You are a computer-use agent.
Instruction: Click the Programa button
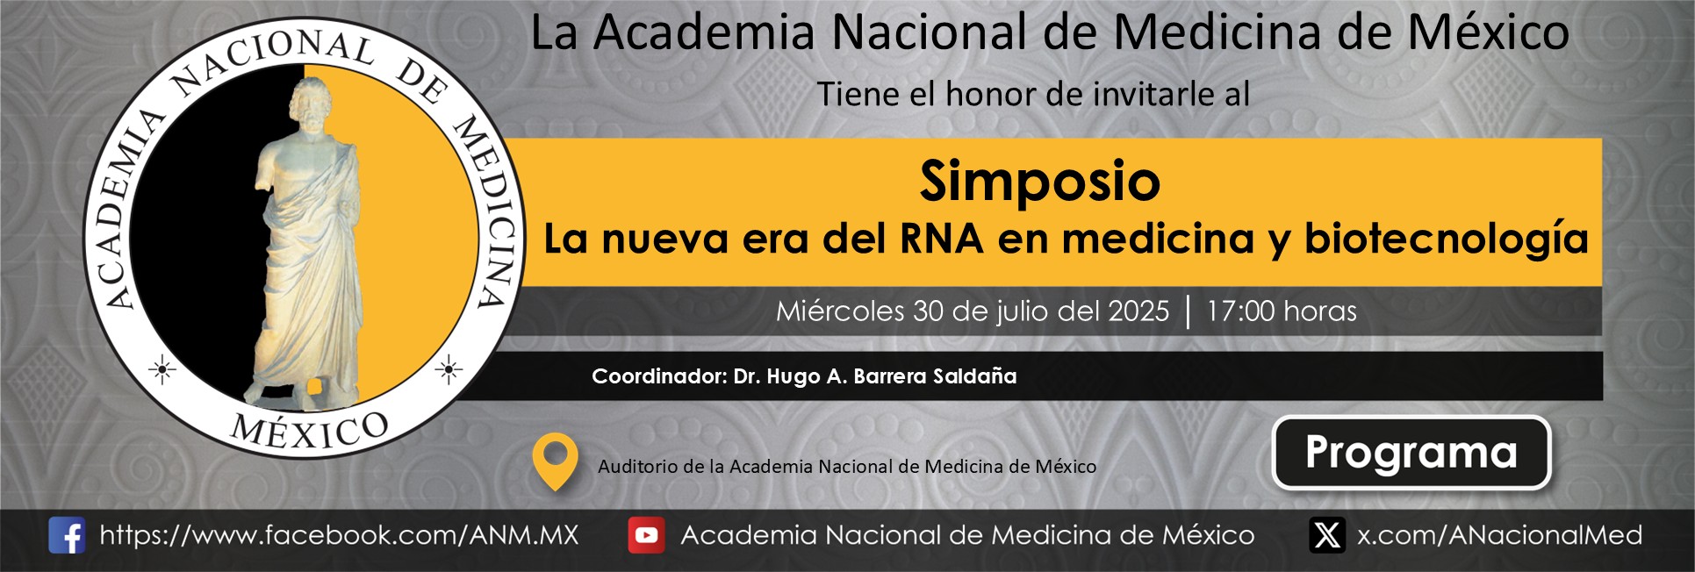1411,453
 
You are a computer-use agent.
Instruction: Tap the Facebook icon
67,535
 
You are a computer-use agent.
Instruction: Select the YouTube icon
646,535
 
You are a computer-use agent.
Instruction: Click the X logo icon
1327,535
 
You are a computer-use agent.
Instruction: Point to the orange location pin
556,461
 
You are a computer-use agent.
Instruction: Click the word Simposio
1040,182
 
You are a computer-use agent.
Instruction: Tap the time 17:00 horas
1282,311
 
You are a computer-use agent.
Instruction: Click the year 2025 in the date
1138,311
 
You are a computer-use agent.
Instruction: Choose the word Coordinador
659,376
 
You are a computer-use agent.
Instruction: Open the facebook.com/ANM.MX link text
340,535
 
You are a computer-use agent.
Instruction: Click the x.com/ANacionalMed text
1499,535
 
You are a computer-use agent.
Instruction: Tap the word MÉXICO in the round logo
309,430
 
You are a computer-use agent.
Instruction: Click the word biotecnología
1447,240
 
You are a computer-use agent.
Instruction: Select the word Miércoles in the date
840,311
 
